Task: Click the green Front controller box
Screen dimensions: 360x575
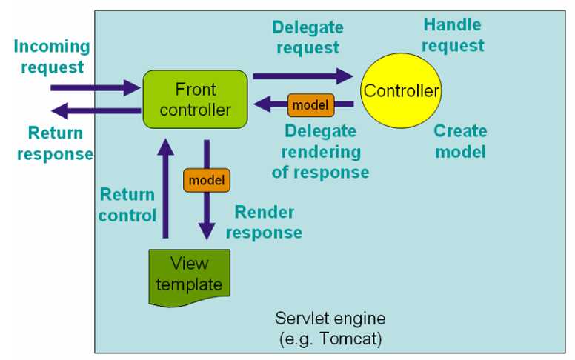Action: (x=193, y=100)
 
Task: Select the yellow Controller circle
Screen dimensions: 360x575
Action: (x=401, y=91)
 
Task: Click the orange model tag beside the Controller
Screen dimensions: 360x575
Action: (x=310, y=104)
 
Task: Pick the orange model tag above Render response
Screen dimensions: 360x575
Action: (x=207, y=180)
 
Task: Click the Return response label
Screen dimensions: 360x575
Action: (x=54, y=144)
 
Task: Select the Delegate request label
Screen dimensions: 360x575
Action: (x=307, y=37)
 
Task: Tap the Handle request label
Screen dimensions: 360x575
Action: (x=453, y=35)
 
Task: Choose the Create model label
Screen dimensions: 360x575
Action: (x=460, y=141)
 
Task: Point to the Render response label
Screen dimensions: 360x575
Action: (x=264, y=221)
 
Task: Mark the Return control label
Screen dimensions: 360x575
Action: (x=127, y=205)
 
